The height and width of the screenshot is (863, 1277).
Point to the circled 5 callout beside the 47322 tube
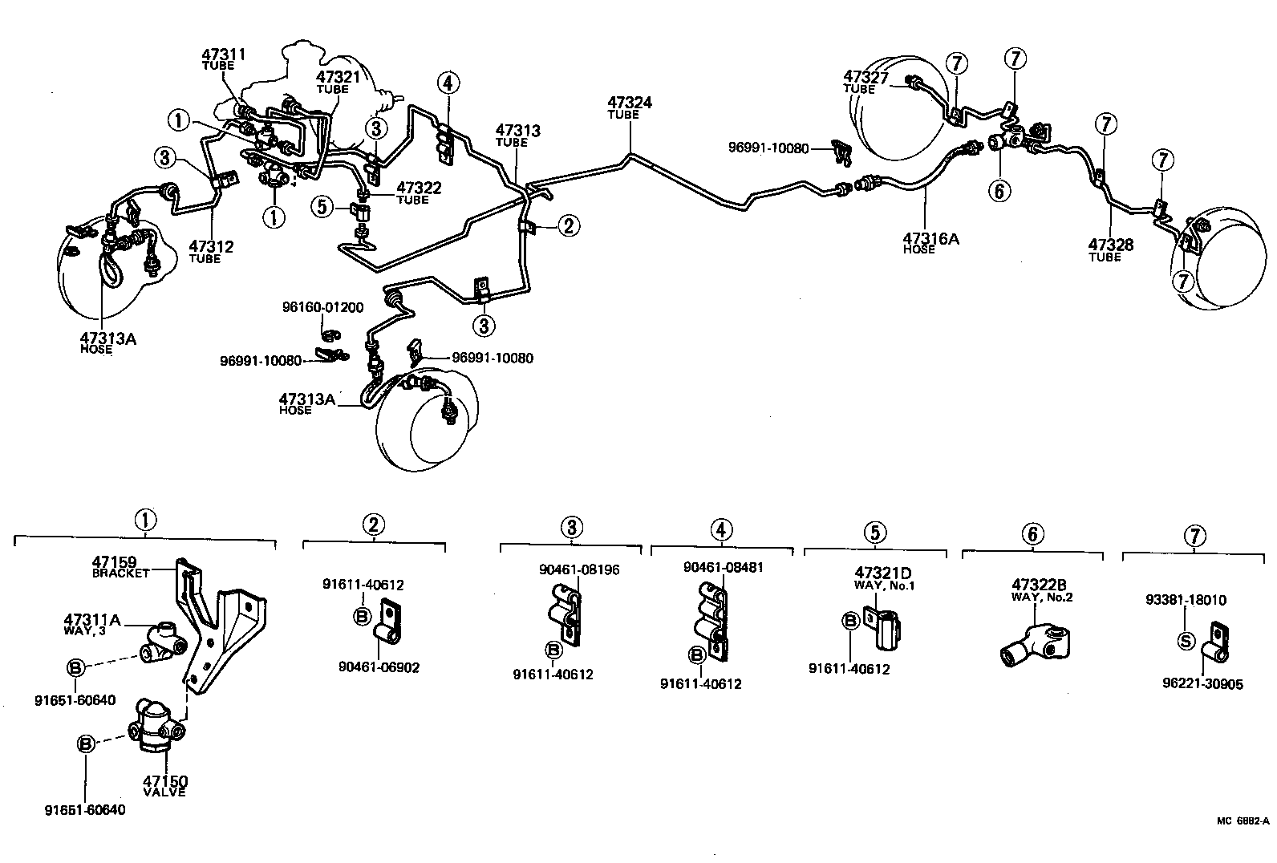pyautogui.click(x=322, y=207)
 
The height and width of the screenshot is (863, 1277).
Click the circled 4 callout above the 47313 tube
pyautogui.click(x=448, y=83)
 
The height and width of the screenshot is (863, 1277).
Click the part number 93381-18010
pyautogui.click(x=1186, y=600)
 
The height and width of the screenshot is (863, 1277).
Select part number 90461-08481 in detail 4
pyautogui.click(x=723, y=567)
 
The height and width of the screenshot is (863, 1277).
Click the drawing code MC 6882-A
pyautogui.click(x=1243, y=820)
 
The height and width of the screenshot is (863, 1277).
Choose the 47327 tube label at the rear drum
pyautogui.click(x=866, y=77)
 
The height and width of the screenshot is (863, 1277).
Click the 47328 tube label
pyautogui.click(x=1111, y=245)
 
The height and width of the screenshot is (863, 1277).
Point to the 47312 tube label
pyautogui.click(x=211, y=247)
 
